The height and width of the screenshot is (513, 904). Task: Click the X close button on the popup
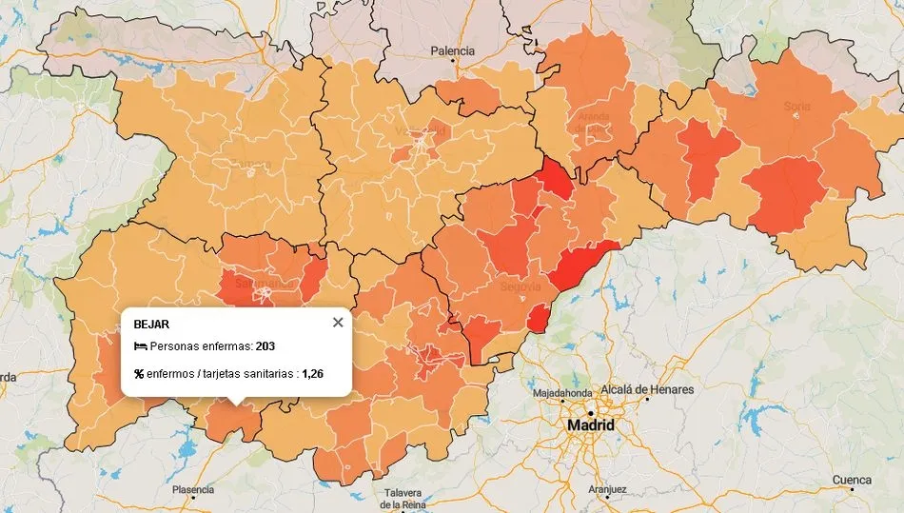[338, 322]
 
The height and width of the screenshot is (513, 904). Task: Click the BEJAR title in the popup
[151, 324]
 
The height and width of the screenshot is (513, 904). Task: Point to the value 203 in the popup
[265, 345]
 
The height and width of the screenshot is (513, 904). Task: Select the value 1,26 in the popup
[312, 374]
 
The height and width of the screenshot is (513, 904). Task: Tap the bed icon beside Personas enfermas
[140, 345]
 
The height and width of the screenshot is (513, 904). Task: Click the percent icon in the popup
[139, 374]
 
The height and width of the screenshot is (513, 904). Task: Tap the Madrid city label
[590, 424]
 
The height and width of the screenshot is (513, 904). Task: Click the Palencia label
[453, 50]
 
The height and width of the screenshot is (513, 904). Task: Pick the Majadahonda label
[562, 392]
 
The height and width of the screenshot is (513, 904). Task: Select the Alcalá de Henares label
[646, 389]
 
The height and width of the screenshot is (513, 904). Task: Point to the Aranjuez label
[607, 489]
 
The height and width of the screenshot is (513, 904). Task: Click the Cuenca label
[852, 480]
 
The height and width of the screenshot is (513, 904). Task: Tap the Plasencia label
[193, 490]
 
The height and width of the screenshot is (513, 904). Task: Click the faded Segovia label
[521, 286]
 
